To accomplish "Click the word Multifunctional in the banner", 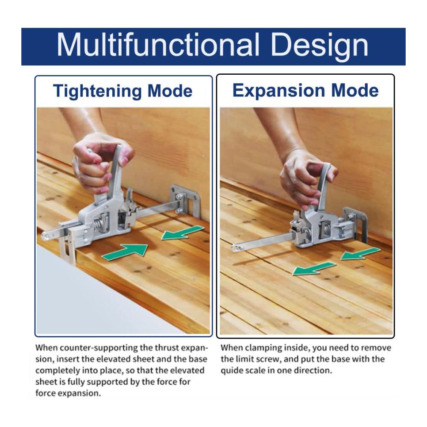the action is click(x=158, y=45).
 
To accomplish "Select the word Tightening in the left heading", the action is click(x=97, y=91).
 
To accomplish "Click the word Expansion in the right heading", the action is click(x=278, y=91).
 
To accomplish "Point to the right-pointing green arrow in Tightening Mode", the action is click(x=125, y=251).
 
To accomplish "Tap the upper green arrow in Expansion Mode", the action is click(x=361, y=254).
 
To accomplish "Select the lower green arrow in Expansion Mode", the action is click(x=314, y=269).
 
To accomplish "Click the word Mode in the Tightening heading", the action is click(x=170, y=91).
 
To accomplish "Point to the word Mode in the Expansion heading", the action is click(x=355, y=91).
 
